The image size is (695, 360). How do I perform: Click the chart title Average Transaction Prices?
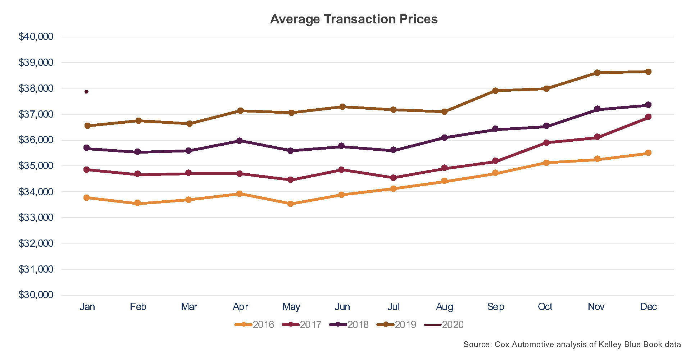354,19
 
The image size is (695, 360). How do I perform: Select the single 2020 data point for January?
86,92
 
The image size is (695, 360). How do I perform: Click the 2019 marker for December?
648,72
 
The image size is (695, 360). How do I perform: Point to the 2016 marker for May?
291,204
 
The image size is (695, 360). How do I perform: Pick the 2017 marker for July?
393,178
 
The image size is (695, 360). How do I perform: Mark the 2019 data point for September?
495,91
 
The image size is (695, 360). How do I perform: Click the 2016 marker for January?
86,198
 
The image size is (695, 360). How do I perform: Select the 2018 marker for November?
597,109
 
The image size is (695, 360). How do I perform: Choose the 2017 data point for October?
546,143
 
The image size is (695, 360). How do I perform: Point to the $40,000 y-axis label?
36,37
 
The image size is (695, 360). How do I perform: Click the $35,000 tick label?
36,166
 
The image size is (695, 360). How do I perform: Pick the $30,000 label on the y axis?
36,295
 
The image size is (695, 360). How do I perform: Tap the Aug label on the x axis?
444,307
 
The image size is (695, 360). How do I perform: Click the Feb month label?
138,307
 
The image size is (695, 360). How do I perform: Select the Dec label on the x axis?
648,307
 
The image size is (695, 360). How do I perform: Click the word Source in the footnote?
477,345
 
